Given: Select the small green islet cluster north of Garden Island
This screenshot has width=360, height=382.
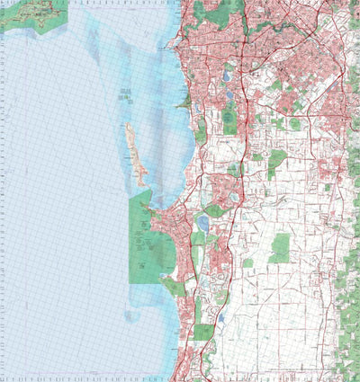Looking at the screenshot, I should point(127,93).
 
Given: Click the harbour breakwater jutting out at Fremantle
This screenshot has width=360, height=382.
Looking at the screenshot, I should point(171,43).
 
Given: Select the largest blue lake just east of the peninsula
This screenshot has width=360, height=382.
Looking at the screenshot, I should point(203,221).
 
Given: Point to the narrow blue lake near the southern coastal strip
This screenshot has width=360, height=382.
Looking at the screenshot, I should point(219,316).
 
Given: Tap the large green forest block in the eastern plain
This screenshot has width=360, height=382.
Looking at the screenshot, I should point(281,247).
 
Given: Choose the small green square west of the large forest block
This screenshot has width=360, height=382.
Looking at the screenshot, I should point(247,263).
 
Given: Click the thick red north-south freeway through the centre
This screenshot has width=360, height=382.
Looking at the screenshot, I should point(241,180).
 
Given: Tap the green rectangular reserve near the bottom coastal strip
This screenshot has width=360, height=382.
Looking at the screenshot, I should point(204,332).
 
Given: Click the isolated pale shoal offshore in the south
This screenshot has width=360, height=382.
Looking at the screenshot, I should point(132,315).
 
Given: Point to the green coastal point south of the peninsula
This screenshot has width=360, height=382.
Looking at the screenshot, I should point(171,286).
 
